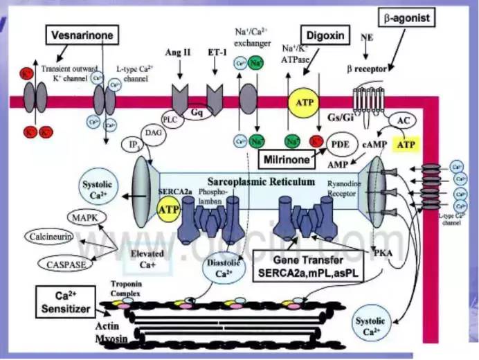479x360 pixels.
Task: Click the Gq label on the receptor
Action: point(197,110)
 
